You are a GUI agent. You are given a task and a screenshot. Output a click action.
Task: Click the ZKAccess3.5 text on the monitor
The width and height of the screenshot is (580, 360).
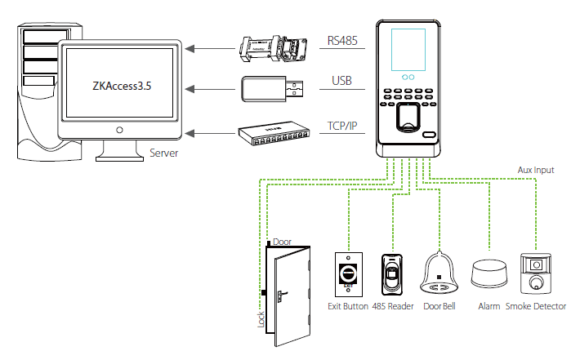coord(122,86)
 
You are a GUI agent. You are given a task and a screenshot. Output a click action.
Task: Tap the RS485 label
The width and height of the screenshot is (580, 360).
coord(342,41)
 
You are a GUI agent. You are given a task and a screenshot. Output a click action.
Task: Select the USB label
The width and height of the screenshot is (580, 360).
coord(341,81)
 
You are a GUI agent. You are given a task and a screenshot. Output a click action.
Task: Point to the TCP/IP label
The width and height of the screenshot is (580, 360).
coord(342,126)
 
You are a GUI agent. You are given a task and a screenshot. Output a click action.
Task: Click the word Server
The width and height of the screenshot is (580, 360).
coord(163,153)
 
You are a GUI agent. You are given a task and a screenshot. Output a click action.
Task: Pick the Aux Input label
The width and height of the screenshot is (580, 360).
coord(536,170)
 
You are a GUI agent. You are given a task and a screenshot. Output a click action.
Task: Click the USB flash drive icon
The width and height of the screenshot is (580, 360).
coord(272,89)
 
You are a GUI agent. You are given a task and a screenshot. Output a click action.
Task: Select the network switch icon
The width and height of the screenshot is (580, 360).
coord(274,133)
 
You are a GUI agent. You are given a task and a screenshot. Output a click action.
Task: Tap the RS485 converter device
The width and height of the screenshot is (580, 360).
coord(274,48)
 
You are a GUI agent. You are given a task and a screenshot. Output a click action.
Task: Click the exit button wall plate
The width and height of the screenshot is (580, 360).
coord(349,274)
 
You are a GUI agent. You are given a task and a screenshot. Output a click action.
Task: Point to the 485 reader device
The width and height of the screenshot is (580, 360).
coord(392,274)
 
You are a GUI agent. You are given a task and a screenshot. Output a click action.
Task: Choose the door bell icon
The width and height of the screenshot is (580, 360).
coord(439,273)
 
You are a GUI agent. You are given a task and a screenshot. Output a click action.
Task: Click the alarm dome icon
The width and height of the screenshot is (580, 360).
coord(489,273)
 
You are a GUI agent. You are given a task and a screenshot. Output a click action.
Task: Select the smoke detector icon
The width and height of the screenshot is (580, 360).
coord(536,273)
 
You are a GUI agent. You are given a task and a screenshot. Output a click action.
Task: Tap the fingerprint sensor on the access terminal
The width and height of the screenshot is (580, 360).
coord(408,118)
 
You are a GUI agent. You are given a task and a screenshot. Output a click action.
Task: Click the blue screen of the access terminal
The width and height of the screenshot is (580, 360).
coord(408,50)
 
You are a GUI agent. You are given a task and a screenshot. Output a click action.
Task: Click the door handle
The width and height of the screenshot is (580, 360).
coord(282,296)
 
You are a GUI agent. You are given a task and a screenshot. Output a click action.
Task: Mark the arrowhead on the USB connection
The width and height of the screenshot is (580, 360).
coord(190,89)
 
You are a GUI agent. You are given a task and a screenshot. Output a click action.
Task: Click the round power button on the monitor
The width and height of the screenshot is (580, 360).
coord(119,130)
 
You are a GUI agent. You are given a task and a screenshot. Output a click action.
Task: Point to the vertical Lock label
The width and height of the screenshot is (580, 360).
coord(261,319)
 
